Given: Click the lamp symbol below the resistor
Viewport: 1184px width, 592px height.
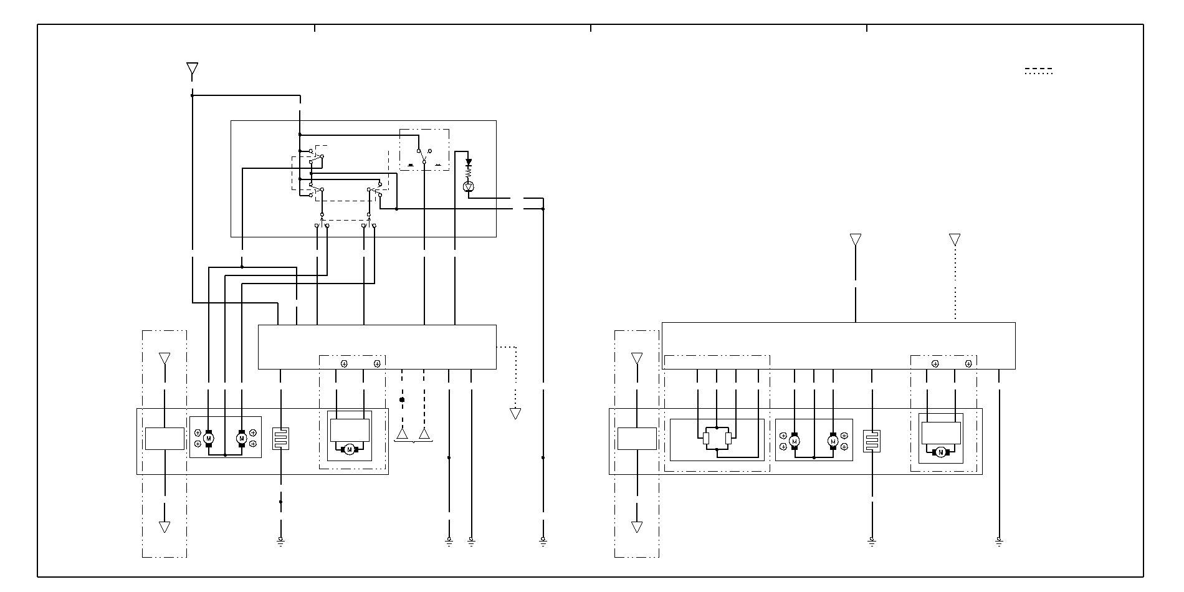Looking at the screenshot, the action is point(469,187).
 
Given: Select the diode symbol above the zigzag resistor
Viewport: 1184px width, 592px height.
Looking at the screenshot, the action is point(469,162).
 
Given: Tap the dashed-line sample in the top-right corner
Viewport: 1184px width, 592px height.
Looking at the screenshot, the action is point(1039,71).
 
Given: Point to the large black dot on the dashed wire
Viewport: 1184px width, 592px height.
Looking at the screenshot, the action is point(402,399).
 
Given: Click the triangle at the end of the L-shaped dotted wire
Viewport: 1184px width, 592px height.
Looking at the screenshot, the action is point(515,413).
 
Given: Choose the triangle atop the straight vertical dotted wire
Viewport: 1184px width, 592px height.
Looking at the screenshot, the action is point(955,239).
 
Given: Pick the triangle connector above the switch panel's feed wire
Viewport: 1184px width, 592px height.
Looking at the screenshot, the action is point(193,69).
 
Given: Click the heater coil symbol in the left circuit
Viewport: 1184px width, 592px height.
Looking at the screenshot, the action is point(281,438).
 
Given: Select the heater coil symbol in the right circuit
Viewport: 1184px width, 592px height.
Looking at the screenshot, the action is point(872,441).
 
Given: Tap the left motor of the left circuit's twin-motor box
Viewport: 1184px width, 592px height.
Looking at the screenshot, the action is point(209,439).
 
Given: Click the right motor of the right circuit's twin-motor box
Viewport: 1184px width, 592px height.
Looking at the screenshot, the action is point(833,441).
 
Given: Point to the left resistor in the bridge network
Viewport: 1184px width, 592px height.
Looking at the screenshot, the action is point(705,438).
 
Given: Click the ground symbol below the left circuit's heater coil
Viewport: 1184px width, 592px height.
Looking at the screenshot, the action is point(280,541).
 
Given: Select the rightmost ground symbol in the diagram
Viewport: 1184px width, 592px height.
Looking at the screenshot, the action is point(999,541).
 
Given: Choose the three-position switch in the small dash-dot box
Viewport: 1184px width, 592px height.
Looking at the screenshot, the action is point(424,156).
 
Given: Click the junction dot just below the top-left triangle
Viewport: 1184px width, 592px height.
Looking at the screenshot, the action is point(193,95).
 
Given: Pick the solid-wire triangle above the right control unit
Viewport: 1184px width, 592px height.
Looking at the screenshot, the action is point(856,239).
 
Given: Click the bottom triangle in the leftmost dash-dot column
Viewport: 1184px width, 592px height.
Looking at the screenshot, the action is point(165,527).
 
